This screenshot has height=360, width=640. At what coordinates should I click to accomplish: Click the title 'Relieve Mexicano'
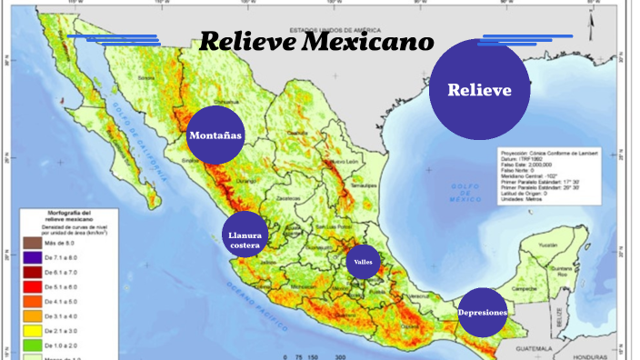316,42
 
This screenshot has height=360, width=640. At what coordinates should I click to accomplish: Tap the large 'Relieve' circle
479,90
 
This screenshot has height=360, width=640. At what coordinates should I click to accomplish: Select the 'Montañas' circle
215,135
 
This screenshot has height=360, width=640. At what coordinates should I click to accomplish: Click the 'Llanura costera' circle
245,239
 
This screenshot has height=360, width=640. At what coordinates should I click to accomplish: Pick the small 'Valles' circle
363,260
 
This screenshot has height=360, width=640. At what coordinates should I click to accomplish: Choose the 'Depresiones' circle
481,313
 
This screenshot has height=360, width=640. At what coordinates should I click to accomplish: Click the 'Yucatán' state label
546,245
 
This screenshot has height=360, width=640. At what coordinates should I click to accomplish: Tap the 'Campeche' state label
525,287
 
